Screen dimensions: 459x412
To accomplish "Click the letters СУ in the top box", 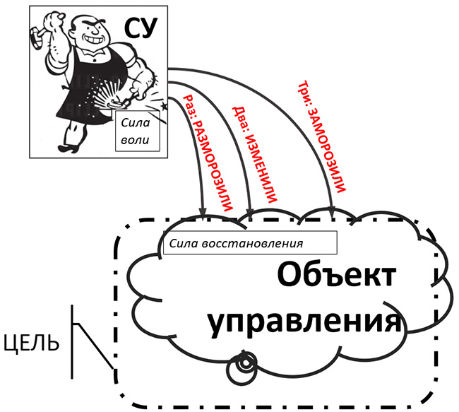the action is [141, 28].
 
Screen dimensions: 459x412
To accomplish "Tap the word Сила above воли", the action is [136, 122].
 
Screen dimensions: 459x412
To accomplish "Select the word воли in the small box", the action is [135, 140].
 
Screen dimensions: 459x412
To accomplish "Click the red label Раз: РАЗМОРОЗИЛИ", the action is [208, 153].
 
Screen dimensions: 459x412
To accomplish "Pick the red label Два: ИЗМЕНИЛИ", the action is [254, 155].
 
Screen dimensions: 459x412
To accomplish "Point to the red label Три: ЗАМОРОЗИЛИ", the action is [322, 136].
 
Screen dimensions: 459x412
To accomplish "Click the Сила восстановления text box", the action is [250, 243].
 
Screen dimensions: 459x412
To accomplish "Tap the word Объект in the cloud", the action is [337, 275].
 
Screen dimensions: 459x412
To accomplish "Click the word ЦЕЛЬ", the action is [32, 343].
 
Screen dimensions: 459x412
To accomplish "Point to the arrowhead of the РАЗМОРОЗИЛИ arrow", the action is [203, 213].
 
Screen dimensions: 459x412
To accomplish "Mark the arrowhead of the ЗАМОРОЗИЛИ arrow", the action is [332, 212].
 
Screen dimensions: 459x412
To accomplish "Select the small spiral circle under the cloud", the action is [242, 372].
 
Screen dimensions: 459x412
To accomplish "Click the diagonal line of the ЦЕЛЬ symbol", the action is [94, 346].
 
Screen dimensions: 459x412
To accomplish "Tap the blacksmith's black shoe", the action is [68, 148].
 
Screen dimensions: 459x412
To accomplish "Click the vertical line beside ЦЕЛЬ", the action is [72, 341].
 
